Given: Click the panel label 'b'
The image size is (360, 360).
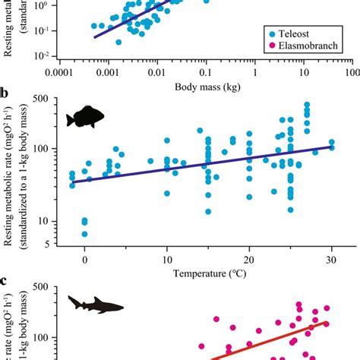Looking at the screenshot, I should (x=6, y=94).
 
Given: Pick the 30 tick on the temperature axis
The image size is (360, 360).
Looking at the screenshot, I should (x=331, y=257).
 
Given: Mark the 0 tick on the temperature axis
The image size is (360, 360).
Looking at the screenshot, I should (x=84, y=257).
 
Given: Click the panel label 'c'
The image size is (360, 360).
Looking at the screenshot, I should (x=6, y=280).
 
